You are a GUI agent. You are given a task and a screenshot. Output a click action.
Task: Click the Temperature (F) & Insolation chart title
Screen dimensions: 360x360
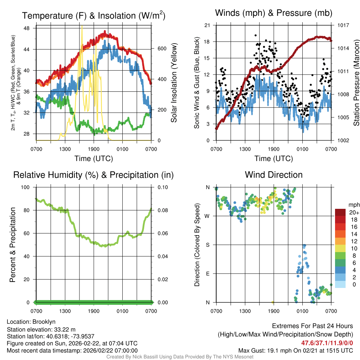click(94, 15)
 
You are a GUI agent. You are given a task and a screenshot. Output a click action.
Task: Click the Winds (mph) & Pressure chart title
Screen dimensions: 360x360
click(274, 13)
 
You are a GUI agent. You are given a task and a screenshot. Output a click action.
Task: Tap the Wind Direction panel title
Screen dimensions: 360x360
click(274, 175)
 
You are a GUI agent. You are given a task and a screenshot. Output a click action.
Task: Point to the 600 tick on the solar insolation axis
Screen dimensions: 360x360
click(161, 49)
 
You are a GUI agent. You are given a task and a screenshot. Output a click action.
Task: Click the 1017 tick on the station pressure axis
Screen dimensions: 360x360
click(343, 25)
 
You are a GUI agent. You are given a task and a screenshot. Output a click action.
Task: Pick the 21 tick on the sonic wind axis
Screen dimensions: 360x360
click(207, 25)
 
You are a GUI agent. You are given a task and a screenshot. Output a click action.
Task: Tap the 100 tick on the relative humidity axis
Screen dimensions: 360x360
click(26, 187)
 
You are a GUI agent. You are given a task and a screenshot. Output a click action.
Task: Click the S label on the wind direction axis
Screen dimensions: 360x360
click(207, 245)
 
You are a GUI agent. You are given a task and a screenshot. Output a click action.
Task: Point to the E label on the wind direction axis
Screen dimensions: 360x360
click(207, 274)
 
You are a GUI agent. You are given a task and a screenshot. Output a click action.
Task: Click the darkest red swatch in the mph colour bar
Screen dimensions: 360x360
click(340, 212)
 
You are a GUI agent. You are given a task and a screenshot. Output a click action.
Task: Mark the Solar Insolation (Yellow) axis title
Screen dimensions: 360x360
click(174, 83)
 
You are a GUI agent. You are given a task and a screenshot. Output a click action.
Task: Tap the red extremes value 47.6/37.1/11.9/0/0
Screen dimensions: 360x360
click(327, 343)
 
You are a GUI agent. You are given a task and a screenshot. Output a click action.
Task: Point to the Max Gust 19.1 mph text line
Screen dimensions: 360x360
click(296, 350)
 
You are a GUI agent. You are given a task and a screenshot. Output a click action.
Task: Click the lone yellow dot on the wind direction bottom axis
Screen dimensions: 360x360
click(273, 302)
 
